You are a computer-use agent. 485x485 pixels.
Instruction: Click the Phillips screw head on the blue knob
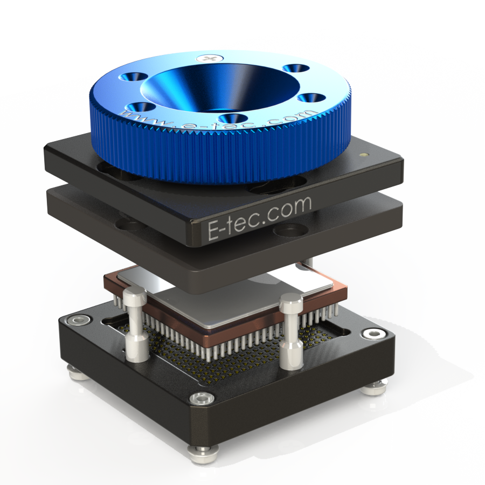(210, 58)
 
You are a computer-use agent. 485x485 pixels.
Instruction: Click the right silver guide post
(291, 331)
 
